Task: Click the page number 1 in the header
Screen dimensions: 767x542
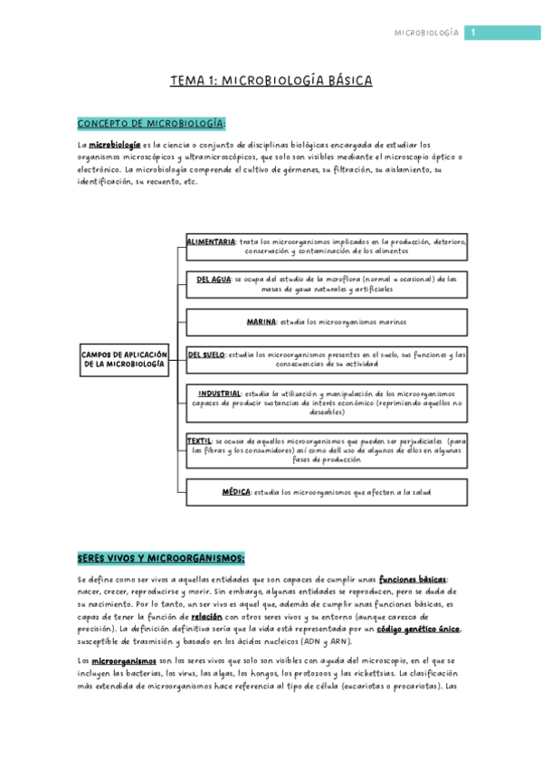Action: (471, 33)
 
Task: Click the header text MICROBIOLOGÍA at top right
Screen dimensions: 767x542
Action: (426, 33)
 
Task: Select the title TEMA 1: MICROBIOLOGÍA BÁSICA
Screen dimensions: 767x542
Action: (271, 81)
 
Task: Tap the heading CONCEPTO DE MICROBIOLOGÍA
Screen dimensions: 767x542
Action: (151, 124)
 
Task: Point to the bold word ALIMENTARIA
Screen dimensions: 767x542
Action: (211, 242)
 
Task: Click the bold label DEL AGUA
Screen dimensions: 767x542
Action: (214, 279)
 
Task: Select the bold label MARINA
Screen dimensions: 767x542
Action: (261, 321)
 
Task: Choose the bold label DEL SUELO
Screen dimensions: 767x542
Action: (207, 355)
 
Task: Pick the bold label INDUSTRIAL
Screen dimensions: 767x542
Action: (219, 393)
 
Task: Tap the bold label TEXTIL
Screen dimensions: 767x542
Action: (199, 440)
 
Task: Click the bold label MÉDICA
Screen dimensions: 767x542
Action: (236, 492)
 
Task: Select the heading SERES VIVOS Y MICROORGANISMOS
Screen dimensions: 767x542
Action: (160, 558)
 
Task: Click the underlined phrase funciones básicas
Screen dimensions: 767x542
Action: (412, 579)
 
